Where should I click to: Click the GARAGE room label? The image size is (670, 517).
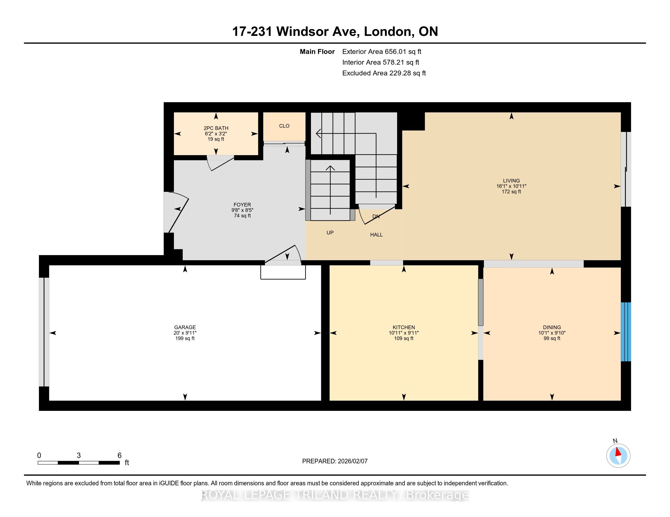(185, 327)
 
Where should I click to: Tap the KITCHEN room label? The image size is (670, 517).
(404, 327)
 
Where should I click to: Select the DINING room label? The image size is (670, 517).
(552, 327)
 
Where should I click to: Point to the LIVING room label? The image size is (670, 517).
(511, 181)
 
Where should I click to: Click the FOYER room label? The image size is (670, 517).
(242, 205)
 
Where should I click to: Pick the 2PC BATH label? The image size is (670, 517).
(216, 128)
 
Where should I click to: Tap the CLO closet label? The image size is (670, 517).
(284, 126)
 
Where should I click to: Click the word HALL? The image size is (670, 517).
(376, 234)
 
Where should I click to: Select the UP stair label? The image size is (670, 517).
(330, 232)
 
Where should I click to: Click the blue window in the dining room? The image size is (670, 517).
(626, 332)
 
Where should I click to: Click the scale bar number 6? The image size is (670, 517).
(119, 456)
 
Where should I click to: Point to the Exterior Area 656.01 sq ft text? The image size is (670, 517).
(382, 51)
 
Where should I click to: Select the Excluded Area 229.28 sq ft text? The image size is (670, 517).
(384, 73)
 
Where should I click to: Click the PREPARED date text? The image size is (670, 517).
(335, 461)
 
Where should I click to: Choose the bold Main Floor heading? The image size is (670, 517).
(317, 51)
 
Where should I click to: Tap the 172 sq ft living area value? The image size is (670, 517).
(511, 192)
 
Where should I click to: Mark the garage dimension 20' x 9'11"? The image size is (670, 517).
(185, 333)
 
